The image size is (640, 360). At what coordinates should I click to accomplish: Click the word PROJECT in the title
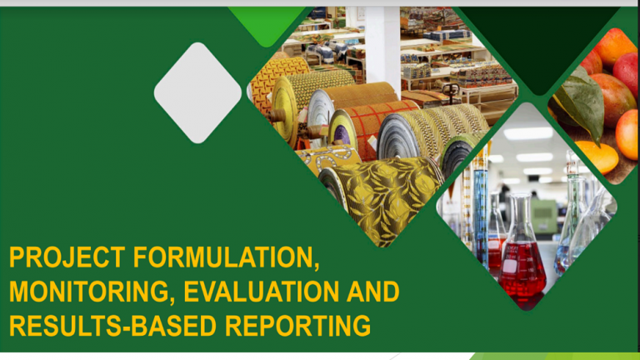coord(67,257)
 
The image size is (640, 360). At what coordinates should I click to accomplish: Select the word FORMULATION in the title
coord(226,258)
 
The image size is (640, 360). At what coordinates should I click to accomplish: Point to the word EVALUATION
coord(261,292)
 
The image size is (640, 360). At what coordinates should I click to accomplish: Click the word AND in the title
coord(372,292)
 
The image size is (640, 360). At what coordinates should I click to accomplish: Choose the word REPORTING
coord(298,326)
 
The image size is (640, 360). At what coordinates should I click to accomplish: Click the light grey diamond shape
coord(197,93)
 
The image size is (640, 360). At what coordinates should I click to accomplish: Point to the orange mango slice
coord(597,157)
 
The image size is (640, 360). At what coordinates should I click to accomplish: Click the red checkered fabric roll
coord(371,127)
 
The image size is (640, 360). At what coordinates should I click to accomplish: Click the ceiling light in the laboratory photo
coord(527,133)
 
